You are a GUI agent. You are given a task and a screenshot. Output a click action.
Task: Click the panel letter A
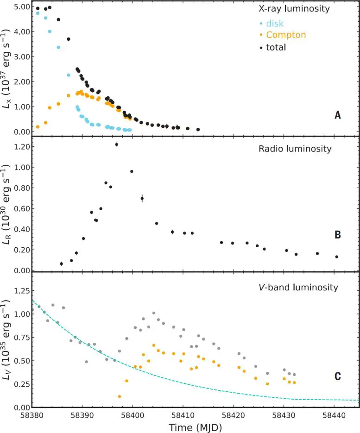click(x=338, y=115)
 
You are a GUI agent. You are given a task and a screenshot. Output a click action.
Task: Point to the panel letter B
click(x=338, y=235)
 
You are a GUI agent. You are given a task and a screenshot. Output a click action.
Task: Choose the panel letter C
click(x=338, y=376)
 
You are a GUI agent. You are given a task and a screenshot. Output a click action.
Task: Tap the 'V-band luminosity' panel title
click(x=298, y=288)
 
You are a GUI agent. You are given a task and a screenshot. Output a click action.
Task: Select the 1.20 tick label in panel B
click(x=17, y=147)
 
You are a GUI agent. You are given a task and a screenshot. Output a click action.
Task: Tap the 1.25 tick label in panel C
click(x=17, y=290)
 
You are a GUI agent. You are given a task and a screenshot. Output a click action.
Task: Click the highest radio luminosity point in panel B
click(x=117, y=144)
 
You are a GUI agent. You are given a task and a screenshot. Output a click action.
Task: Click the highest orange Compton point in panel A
click(x=81, y=92)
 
